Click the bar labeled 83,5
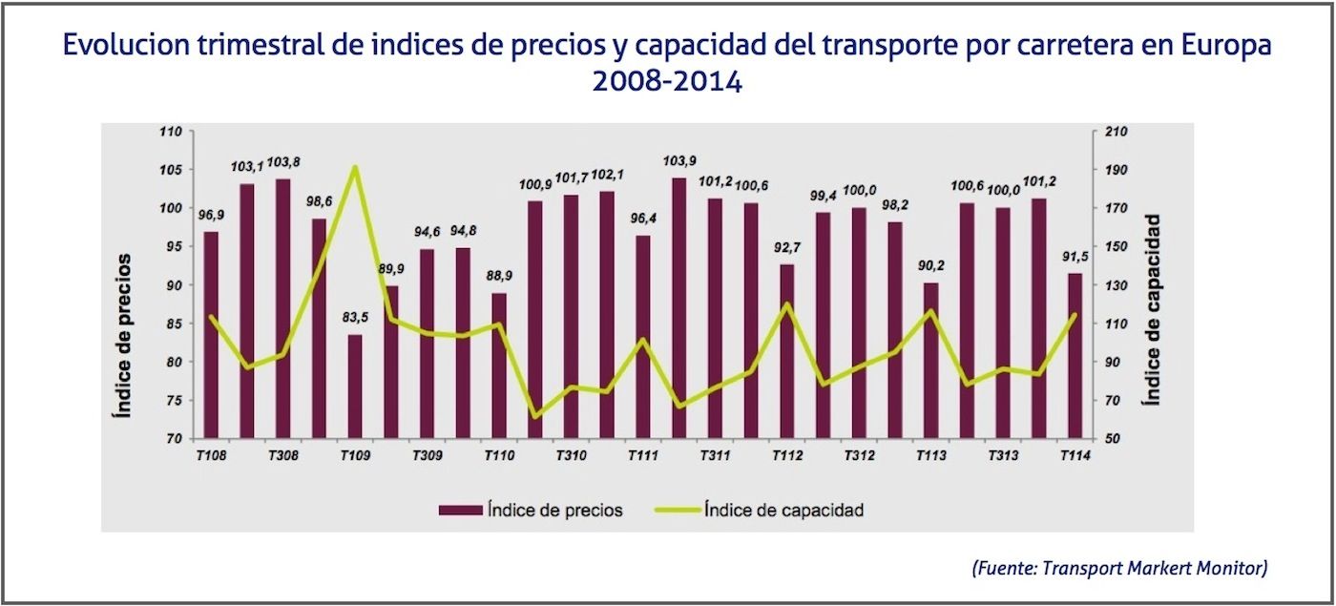pyautogui.click(x=354, y=387)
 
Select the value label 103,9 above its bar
pyautogui.click(x=678, y=161)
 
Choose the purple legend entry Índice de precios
pyautogui.click(x=531, y=510)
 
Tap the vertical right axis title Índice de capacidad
pyautogui.click(x=1154, y=309)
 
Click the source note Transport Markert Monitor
pyautogui.click(x=1119, y=568)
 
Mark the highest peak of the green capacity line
pyautogui.click(x=354, y=167)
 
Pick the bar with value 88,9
pyautogui.click(x=499, y=366)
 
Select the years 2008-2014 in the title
pyautogui.click(x=667, y=80)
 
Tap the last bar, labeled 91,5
pyautogui.click(x=1075, y=356)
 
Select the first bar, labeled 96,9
pyautogui.click(x=211, y=335)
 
